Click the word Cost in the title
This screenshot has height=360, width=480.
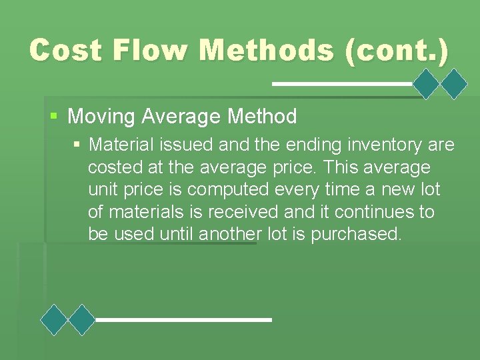coord(65,51)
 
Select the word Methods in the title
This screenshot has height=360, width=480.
coord(267,51)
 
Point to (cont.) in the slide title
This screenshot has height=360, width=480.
coord(397,51)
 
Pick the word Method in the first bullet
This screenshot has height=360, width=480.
coord(262,117)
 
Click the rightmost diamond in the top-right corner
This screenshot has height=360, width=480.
coord(455,85)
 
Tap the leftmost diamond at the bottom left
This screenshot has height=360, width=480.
coord(54,320)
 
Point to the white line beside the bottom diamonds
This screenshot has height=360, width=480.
coord(183,320)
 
